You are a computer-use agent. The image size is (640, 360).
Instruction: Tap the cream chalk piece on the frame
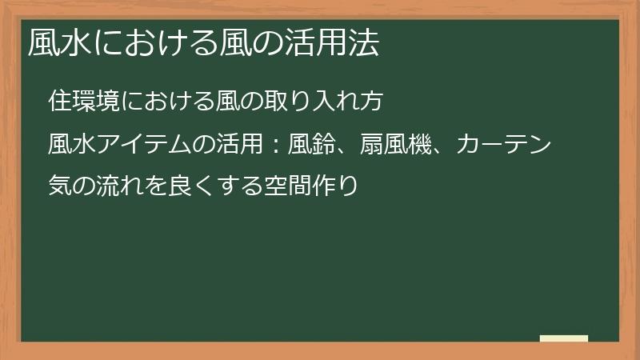[564, 338]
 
